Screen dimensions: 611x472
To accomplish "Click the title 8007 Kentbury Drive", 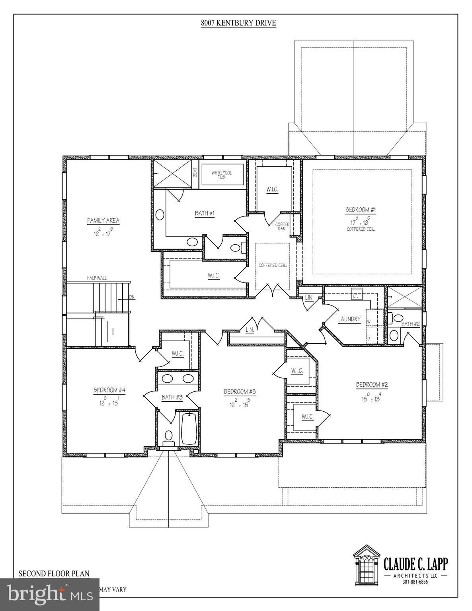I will click(238, 23).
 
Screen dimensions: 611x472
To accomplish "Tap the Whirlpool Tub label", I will click(222, 175).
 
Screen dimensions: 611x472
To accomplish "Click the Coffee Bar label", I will click(282, 226).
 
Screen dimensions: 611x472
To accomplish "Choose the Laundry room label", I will click(349, 319).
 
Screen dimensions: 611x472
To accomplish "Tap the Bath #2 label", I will click(410, 324).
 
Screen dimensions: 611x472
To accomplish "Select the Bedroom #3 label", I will click(240, 391).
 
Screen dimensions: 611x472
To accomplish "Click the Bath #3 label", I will click(172, 397).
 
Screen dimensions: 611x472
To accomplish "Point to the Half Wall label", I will click(97, 278).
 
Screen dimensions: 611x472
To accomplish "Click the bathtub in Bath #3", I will click(188, 429).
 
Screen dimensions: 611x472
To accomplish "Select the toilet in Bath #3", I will click(169, 436).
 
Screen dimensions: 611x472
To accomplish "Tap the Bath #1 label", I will click(205, 214).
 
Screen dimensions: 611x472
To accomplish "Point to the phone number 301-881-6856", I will click(415, 582).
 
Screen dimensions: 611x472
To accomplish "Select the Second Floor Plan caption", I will click(54, 574).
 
